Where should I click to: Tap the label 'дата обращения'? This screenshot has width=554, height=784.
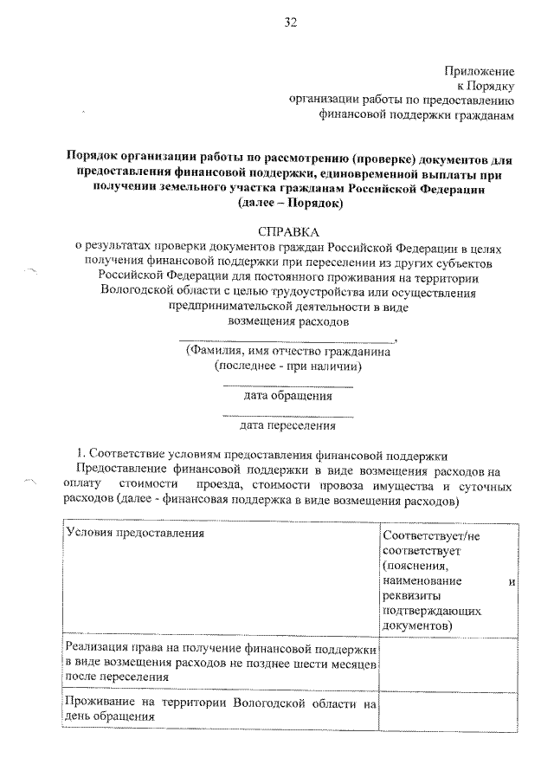pos(288,396)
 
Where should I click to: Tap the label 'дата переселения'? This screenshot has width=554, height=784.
pos(288,424)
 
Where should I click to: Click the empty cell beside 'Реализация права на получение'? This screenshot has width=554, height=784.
pos(449,664)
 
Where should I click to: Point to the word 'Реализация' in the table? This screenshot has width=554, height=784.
pos(98,649)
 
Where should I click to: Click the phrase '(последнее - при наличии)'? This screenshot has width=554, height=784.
pos(288,366)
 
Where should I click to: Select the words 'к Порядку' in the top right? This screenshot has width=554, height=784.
pos(486,85)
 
